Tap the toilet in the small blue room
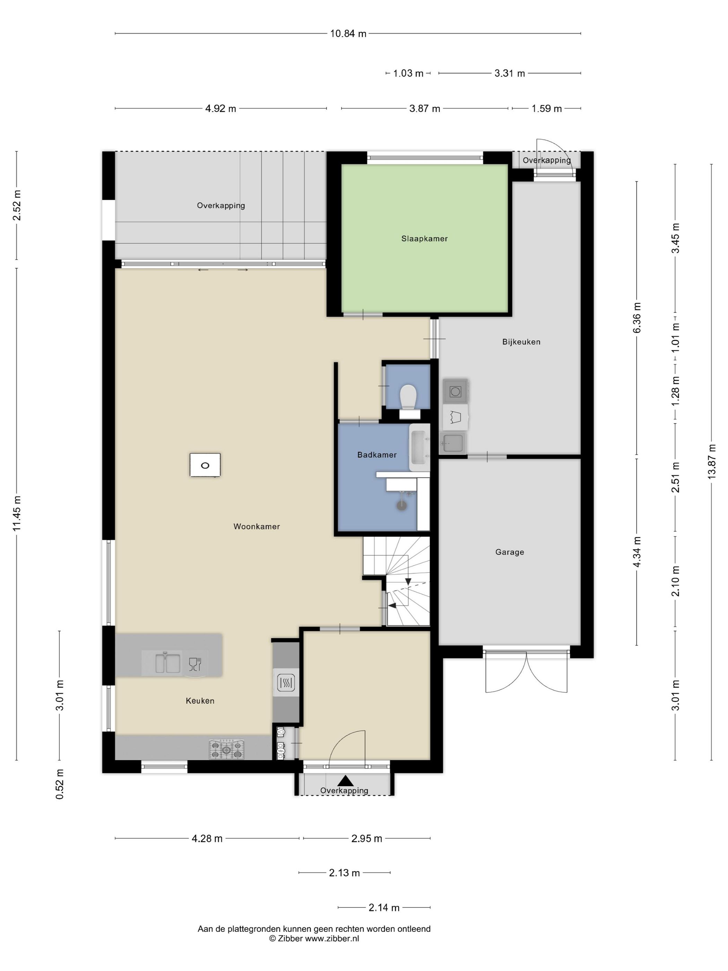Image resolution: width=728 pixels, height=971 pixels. (408, 400)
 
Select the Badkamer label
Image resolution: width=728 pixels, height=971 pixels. (376, 455)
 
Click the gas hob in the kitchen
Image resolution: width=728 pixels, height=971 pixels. (226, 749)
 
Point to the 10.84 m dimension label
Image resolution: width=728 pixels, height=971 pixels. (348, 34)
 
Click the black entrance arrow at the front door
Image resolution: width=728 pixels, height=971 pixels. (345, 781)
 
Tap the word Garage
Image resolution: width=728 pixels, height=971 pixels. (510, 552)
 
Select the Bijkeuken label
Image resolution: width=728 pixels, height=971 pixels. (521, 342)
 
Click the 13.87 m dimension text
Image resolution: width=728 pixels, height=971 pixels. (711, 461)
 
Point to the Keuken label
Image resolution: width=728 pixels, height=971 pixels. (200, 701)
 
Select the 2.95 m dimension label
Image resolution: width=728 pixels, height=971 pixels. (366, 839)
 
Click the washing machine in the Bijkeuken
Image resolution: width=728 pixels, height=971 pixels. (455, 391)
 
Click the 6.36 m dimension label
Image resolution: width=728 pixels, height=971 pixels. (637, 318)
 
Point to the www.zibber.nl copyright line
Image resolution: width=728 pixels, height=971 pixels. (314, 938)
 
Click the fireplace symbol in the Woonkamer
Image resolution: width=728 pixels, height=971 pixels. (205, 465)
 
